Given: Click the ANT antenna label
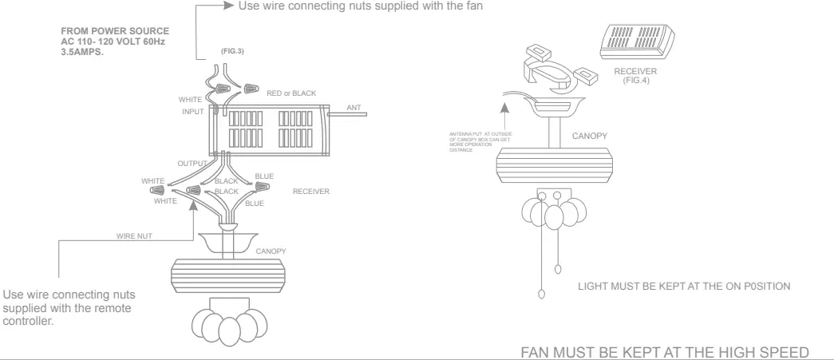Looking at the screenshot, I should click(x=354, y=106).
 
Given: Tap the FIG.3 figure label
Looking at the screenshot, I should click(x=231, y=51).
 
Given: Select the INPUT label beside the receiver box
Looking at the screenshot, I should click(x=192, y=112).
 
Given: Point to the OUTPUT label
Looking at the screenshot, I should click(x=192, y=163).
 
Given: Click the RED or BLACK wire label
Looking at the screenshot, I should click(x=292, y=93).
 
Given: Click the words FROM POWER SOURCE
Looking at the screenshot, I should click(x=114, y=32).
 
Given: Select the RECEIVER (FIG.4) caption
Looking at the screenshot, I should click(x=635, y=76).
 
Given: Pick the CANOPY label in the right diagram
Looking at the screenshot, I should click(x=589, y=136).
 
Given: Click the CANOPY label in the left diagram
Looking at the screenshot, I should click(x=271, y=251).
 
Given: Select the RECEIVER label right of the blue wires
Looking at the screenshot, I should click(x=310, y=192).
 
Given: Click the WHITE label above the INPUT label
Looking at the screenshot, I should click(x=190, y=99).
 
